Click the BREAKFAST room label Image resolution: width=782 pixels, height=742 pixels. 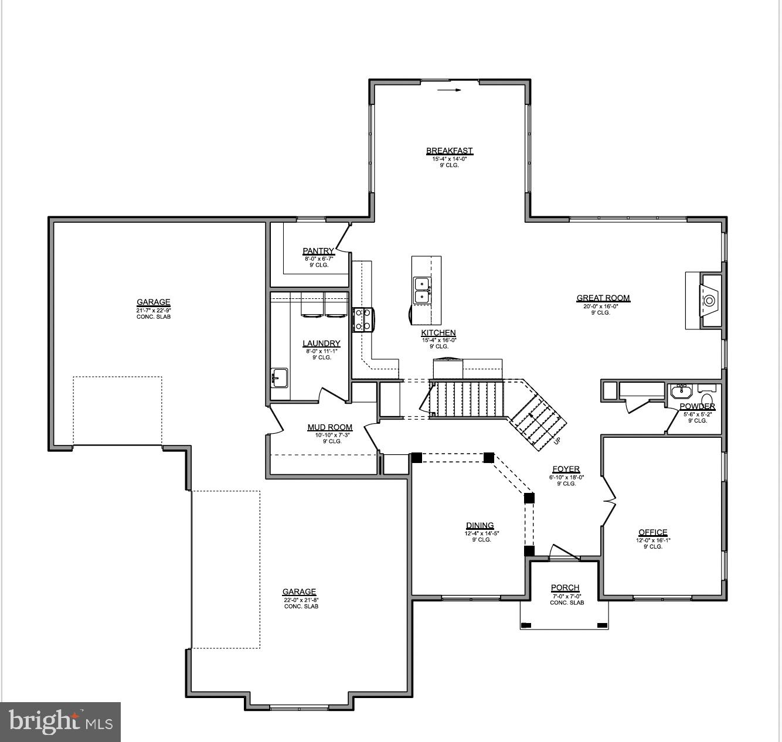pos(449,151)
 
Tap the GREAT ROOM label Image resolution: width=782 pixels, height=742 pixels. pos(603,298)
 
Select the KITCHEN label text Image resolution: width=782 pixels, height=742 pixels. pos(438,333)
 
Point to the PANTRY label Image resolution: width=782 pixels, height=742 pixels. pos(318,251)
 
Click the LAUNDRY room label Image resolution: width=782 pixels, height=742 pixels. pos(321,344)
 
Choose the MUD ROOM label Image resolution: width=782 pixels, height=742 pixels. pos(330,428)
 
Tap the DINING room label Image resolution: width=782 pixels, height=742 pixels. pos(480,526)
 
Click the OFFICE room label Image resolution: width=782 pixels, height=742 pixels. pos(652,533)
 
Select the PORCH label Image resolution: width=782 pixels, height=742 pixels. pos(565,588)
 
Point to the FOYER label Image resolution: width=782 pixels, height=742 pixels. pos(566,469)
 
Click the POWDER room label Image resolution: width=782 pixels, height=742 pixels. pos(697,407)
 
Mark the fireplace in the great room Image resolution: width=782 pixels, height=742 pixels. pos(709,301)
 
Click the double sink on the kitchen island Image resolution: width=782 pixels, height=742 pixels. pos(422,290)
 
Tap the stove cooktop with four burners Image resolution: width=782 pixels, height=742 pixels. pos(361,319)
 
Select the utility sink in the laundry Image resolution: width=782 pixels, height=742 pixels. pos(280,378)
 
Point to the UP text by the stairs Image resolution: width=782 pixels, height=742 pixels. pos(556,441)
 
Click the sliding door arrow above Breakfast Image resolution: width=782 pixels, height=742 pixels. pos(450,90)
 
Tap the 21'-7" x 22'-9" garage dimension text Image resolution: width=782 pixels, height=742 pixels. pos(154,310)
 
